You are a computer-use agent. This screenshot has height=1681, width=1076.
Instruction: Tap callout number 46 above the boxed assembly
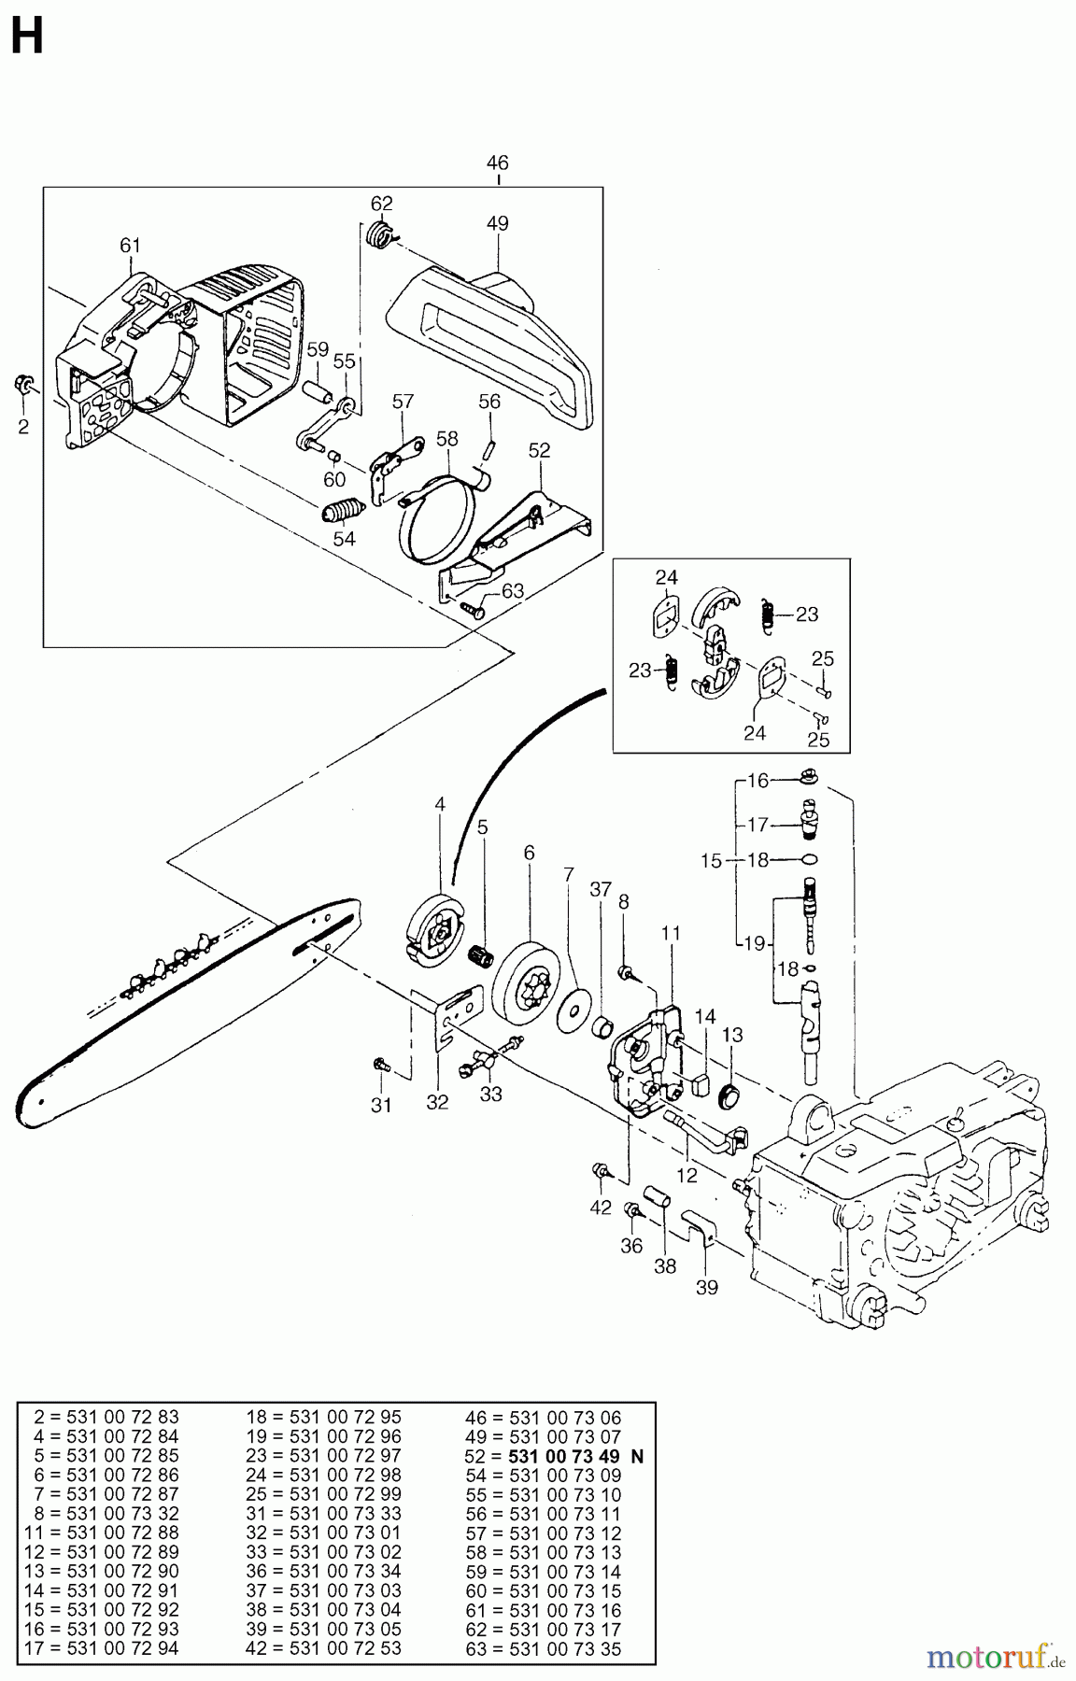click(498, 162)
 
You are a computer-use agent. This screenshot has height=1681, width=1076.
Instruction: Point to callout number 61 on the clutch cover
click(130, 246)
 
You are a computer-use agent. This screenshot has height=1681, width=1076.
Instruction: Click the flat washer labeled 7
click(569, 1010)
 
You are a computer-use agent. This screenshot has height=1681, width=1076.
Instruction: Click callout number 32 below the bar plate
click(437, 1102)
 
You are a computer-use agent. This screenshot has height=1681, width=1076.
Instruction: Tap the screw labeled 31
click(380, 1064)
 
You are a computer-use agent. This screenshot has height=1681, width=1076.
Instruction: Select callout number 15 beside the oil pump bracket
click(712, 860)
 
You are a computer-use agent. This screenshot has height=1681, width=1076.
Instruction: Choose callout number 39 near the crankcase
click(707, 1288)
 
